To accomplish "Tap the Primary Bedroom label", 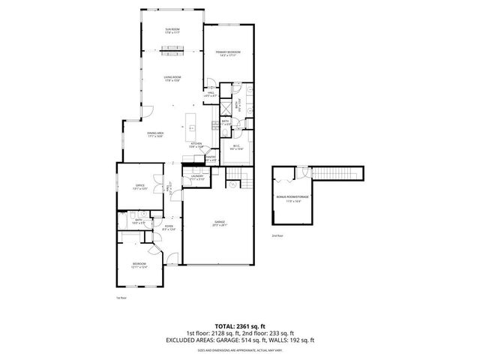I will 226,53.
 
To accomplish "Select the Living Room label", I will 172,79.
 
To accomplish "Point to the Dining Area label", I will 155,134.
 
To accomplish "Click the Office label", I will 139,187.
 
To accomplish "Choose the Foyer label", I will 169,229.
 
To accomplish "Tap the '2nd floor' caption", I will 277,235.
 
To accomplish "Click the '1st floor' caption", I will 120,298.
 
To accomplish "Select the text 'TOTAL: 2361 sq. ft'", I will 239,326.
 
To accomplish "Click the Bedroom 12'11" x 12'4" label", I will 139,265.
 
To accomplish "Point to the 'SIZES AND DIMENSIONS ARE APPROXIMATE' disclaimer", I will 239,350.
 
